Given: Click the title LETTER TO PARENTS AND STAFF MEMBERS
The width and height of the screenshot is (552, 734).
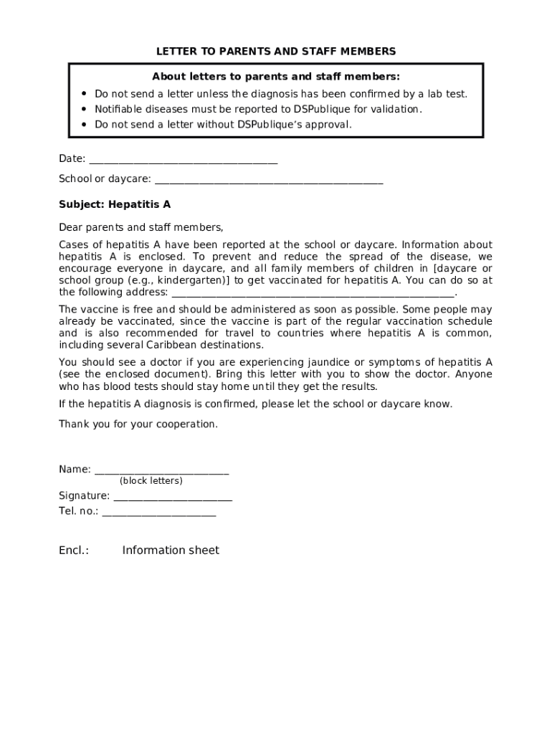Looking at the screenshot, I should [x=276, y=52].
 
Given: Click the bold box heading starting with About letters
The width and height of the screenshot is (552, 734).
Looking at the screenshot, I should [x=276, y=77].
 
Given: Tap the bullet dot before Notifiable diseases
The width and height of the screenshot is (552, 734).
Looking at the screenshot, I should [x=84, y=109].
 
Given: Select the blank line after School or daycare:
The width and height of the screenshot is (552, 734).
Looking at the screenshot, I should [x=269, y=180].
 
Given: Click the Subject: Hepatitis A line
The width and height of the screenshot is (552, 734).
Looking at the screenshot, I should [x=115, y=204].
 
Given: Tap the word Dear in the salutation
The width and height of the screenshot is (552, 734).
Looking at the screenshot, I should [x=70, y=228].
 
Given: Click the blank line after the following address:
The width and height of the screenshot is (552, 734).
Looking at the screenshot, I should [x=313, y=293].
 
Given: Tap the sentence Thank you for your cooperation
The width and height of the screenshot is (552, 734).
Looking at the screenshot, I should [x=138, y=424].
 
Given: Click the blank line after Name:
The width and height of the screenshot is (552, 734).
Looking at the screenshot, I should [x=161, y=471].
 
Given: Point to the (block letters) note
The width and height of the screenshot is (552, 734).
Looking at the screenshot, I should [x=151, y=481].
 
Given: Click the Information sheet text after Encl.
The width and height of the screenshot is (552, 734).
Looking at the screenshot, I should [x=171, y=550].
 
